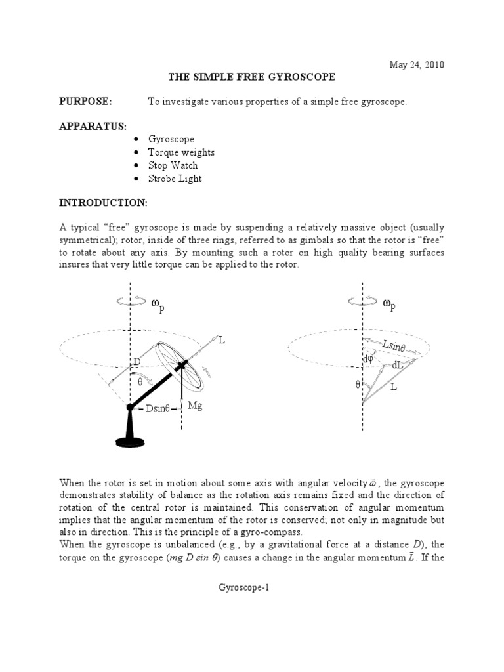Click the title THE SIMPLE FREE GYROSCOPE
point(252,77)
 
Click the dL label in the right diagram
point(398,365)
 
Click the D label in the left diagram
point(137,362)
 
